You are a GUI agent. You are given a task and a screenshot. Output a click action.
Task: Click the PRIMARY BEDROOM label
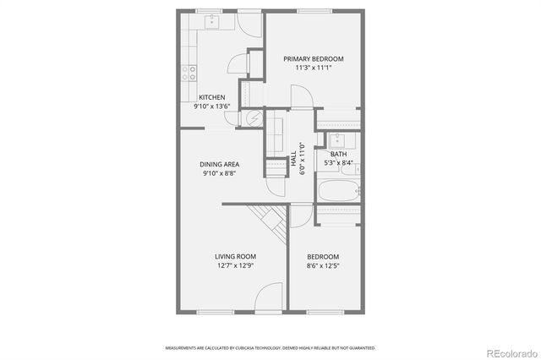[x=313, y=58]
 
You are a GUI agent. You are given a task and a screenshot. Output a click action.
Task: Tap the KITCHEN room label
[x=211, y=97]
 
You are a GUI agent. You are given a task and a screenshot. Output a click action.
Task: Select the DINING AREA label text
[x=219, y=164]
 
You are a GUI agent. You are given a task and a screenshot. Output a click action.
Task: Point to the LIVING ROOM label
[x=235, y=256]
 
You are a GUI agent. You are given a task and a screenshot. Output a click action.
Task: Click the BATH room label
[x=338, y=154]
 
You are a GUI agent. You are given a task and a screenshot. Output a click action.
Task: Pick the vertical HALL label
[x=293, y=159]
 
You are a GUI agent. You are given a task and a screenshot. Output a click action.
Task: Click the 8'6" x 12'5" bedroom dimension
[x=322, y=266]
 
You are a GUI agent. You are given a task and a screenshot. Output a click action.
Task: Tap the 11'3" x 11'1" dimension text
[x=313, y=68]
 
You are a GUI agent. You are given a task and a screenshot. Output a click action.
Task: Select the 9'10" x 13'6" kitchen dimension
[x=211, y=106]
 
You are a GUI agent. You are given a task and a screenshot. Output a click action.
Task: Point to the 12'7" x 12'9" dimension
[x=235, y=266]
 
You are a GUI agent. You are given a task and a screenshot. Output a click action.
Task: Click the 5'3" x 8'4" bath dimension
[x=338, y=163]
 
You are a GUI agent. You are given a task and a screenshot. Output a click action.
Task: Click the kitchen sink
[x=211, y=20]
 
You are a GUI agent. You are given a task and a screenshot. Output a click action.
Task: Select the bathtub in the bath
[x=339, y=189]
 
